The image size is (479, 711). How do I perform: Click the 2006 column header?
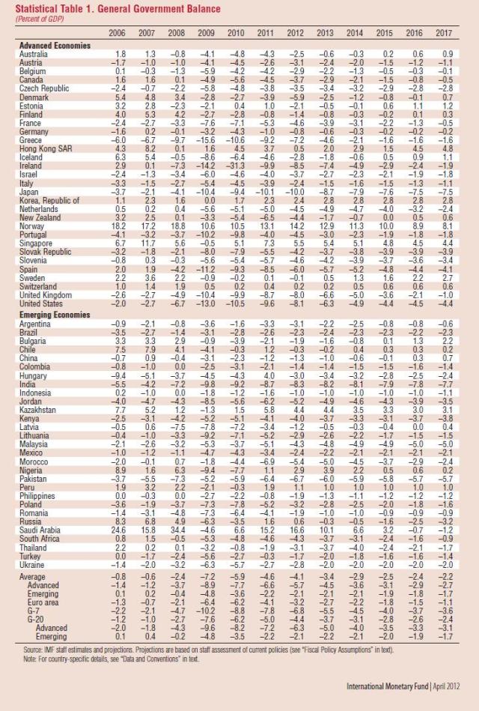tap(117, 34)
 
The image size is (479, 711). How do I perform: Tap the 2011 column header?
tap(266, 34)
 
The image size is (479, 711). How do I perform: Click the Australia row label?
tap(34, 54)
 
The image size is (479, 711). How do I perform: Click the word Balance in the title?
tap(201, 8)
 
